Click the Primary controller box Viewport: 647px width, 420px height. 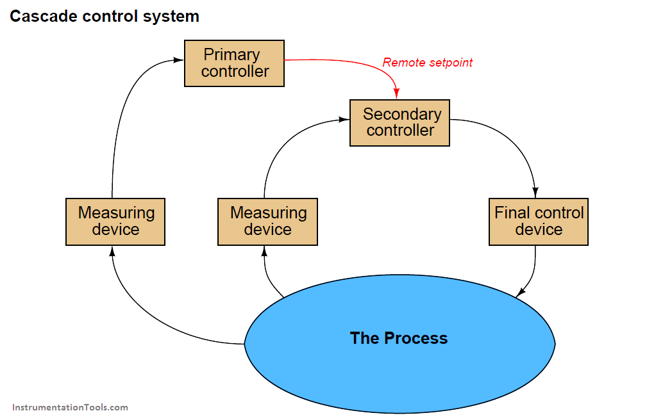pyautogui.click(x=234, y=63)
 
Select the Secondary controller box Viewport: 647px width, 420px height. pyautogui.click(x=399, y=122)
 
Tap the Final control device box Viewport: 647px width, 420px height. pyautogui.click(x=538, y=222)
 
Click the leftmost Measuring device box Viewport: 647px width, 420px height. pyautogui.click(x=115, y=222)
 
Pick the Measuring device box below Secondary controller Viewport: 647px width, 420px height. pyautogui.click(x=267, y=222)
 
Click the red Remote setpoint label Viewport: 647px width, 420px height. pyautogui.click(x=427, y=63)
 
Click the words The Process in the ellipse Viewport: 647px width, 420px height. pyautogui.click(x=398, y=338)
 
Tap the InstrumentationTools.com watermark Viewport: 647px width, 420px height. pyautogui.click(x=70, y=407)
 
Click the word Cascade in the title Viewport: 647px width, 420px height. pyautogui.click(x=42, y=16)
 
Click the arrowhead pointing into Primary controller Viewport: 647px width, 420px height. pyautogui.click(x=180, y=60)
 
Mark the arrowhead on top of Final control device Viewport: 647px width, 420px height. pyautogui.click(x=535, y=193)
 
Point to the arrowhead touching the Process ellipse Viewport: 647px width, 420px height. pyautogui.click(x=521, y=293)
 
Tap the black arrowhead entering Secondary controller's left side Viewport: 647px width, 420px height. pyautogui.click(x=345, y=119)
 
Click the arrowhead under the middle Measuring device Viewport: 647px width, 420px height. pyautogui.click(x=264, y=251)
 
